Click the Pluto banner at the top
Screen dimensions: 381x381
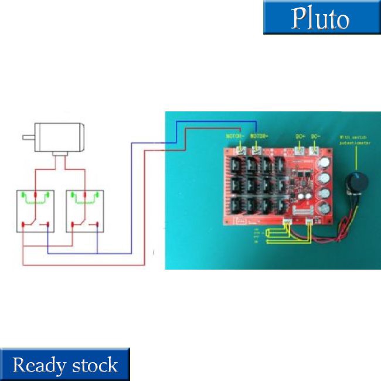pos(321,18)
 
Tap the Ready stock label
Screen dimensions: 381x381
pos(64,365)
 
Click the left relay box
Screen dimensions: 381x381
pos(35,211)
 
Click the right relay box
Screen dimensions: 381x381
pos(85,211)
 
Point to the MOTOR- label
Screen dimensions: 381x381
pos(236,136)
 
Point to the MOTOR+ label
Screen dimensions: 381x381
pos(260,136)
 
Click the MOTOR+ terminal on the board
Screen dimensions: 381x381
pos(258,151)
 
